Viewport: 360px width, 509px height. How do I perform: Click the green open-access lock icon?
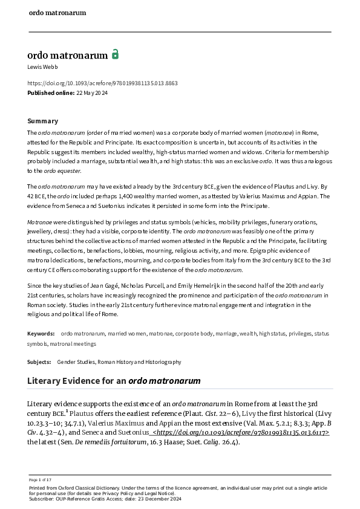coord(115,54)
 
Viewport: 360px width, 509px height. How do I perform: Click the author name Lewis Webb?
coord(42,66)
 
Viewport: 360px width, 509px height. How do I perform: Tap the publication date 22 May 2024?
coord(93,92)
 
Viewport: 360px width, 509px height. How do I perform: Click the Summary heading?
coord(43,121)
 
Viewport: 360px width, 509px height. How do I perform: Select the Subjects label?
coord(39,361)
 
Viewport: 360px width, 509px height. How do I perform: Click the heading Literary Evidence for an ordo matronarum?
coord(114,381)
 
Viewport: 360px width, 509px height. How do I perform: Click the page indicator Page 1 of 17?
coord(41,479)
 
